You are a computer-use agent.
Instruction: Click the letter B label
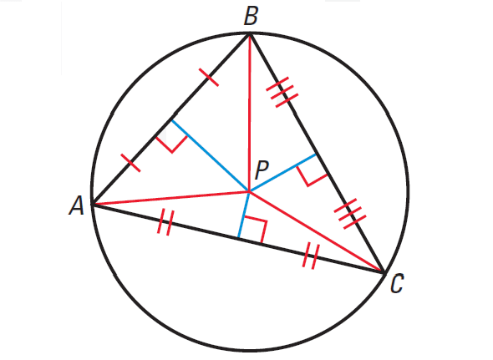click(251, 17)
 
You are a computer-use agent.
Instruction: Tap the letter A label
click(76, 205)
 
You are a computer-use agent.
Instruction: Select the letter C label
click(397, 284)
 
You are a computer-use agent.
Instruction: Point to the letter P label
click(262, 170)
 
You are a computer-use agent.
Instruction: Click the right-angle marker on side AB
click(171, 144)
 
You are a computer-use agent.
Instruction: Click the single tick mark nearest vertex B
click(209, 77)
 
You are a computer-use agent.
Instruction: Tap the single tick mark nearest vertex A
click(130, 163)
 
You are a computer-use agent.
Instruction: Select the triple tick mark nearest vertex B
click(282, 92)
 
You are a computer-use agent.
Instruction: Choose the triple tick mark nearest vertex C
click(350, 214)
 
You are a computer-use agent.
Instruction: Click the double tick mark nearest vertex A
click(165, 223)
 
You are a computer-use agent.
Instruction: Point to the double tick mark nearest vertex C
click(311, 256)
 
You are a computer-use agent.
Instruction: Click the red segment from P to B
click(250, 113)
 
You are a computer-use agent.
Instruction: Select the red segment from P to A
click(170, 198)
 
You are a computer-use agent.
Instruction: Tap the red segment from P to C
click(317, 231)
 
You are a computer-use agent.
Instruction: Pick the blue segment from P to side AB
click(210, 155)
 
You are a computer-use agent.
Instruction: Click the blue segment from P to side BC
click(282, 173)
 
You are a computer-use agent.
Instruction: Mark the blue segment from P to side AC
click(244, 215)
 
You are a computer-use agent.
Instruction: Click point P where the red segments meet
click(249, 190)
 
